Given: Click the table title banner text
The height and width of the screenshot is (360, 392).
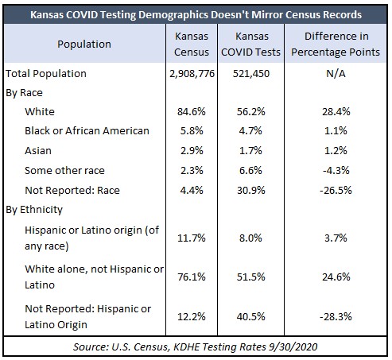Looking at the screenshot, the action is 196,14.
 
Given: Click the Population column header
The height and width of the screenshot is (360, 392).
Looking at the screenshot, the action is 84,45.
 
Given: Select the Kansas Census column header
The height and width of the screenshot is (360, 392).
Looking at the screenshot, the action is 192,44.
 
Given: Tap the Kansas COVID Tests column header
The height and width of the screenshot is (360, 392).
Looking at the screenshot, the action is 250,44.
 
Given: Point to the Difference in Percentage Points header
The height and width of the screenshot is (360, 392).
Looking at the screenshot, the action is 336,44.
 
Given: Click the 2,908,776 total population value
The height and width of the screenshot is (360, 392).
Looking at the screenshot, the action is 192,74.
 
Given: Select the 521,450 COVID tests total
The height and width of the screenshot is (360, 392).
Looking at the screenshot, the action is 251,74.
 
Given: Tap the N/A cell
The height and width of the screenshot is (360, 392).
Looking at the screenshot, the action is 336,73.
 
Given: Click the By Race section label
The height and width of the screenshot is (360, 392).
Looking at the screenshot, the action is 24,93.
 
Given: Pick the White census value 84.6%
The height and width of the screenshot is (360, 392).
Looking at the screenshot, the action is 192,111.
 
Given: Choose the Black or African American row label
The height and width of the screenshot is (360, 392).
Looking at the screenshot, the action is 87,131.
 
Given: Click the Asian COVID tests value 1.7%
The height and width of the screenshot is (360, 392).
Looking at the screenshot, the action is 250,151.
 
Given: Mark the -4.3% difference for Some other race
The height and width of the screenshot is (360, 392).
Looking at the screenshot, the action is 336,170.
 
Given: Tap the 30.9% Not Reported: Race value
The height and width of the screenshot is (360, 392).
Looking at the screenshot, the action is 251,190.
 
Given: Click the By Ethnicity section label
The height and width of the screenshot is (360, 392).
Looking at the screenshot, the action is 34,210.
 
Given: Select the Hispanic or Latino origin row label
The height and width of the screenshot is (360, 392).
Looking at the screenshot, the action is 91,238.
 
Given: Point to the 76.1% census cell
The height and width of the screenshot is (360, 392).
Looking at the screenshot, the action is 192,277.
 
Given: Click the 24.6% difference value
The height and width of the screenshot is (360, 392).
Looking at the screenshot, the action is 336,277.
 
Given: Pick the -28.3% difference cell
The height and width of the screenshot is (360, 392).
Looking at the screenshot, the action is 336,316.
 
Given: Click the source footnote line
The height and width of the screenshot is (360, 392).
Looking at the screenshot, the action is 196,346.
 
